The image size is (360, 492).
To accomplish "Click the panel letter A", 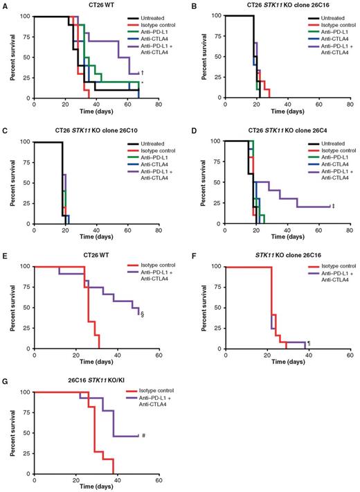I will click(5, 4).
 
